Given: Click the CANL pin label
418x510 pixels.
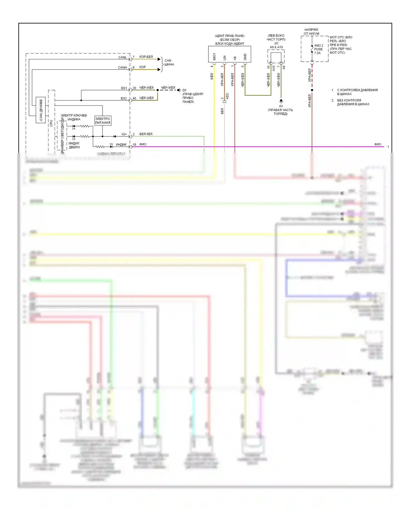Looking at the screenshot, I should pyautogui.click(x=122, y=57).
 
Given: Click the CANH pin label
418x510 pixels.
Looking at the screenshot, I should pyautogui.click(x=122, y=68).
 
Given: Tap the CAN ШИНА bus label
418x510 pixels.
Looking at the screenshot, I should pyautogui.click(x=169, y=62).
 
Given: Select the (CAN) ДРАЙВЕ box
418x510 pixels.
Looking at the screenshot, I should pyautogui.click(x=41, y=110).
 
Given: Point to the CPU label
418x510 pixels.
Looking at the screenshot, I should pyautogui.click(x=51, y=123).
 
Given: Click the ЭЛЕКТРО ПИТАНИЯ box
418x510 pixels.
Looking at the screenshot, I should pyautogui.click(x=103, y=121).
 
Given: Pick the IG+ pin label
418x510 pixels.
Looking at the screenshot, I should pyautogui.click(x=124, y=134).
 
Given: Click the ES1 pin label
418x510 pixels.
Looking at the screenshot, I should pyautogui.click(x=124, y=88).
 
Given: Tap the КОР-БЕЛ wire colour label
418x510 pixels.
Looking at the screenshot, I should pyautogui.click(x=146, y=57).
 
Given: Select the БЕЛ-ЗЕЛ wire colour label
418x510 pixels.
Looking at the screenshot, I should pyautogui.click(x=146, y=134).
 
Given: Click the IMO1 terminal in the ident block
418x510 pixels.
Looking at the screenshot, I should pyautogui.click(x=214, y=57).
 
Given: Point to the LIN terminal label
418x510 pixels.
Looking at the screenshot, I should pyautogui.click(x=225, y=58).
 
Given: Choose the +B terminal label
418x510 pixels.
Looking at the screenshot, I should pyautogui.click(x=235, y=58).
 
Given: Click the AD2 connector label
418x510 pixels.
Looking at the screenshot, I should pyautogui.click(x=227, y=96).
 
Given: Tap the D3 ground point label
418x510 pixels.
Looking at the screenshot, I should pyautogui.click(x=184, y=90).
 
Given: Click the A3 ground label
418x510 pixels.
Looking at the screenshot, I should pyautogui.click(x=281, y=106).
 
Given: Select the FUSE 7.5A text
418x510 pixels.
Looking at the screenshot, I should pyautogui.click(x=318, y=51).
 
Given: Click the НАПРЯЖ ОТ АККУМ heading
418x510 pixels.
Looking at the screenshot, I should pyautogui.click(x=311, y=32).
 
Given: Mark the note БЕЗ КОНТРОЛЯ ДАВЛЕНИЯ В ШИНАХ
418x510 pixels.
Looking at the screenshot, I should pyautogui.click(x=353, y=102).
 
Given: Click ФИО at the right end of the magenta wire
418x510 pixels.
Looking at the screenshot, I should pyautogui.click(x=378, y=144).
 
